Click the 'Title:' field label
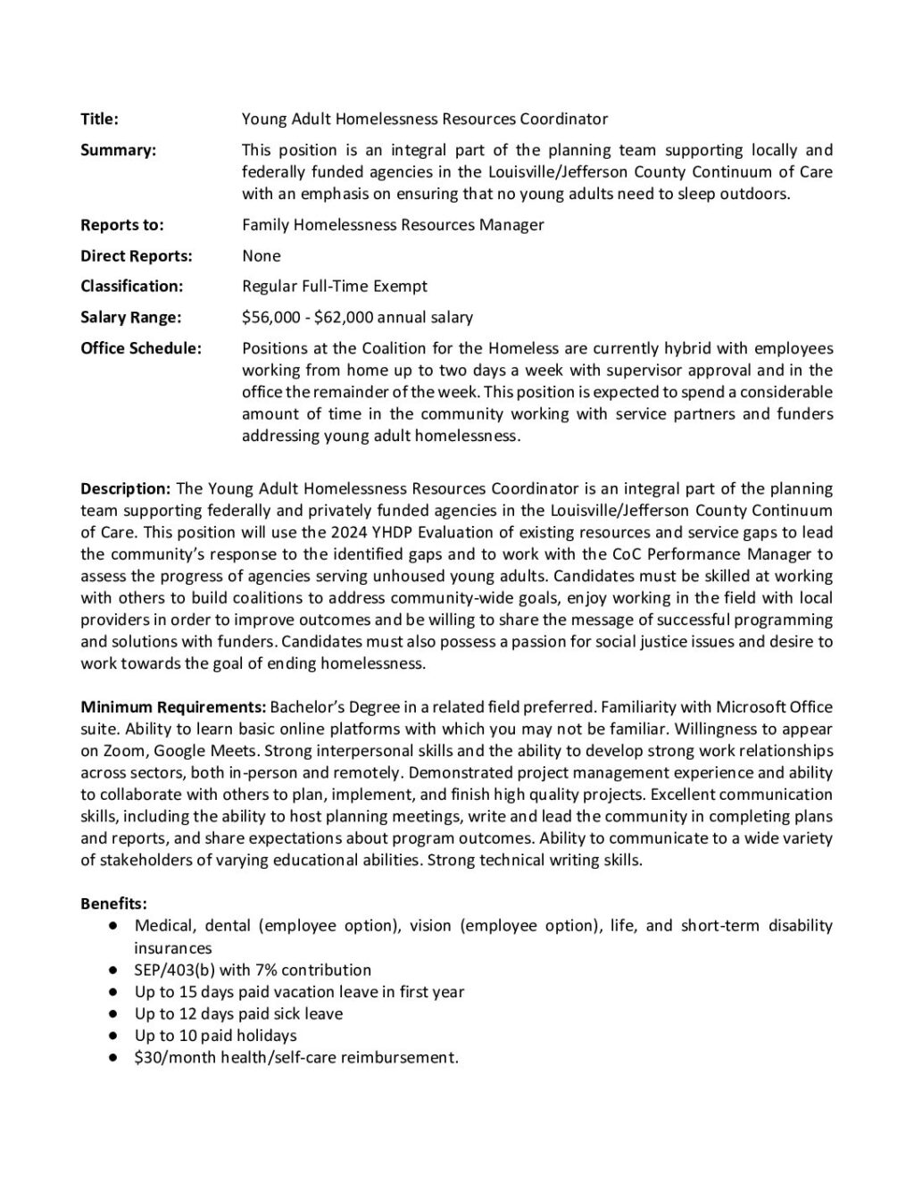99,120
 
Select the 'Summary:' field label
118,150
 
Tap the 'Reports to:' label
122,225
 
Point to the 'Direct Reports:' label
136,256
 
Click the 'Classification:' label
131,287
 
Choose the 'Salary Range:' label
130,318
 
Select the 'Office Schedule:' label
140,348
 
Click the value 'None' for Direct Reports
262,256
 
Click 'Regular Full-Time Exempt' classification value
335,287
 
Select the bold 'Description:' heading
125,489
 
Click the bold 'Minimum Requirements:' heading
173,708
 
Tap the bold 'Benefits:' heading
114,904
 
